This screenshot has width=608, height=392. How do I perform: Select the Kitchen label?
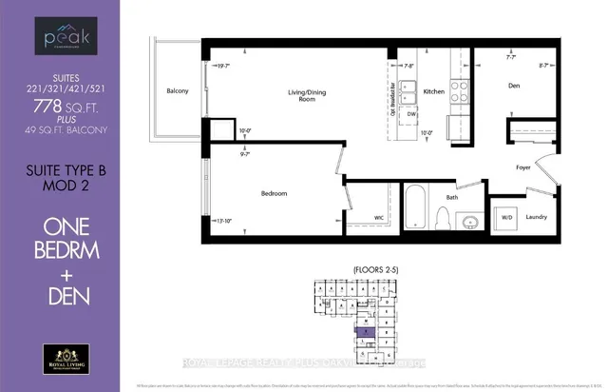[x=434, y=91]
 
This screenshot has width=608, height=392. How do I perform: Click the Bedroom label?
[x=274, y=193]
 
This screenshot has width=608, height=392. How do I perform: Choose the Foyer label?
[x=521, y=168]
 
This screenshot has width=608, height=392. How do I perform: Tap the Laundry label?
[x=537, y=217]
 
